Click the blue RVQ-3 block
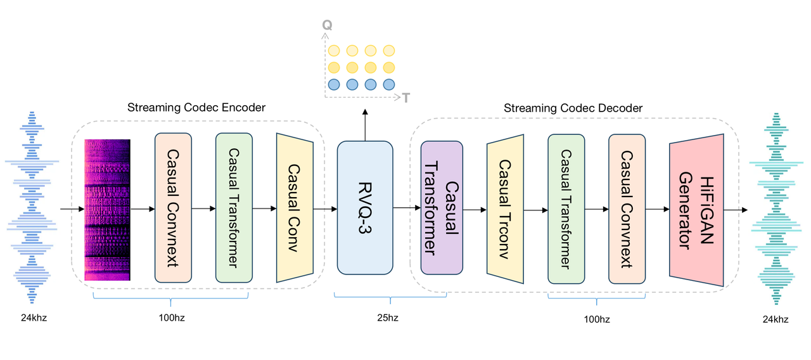point(365,207)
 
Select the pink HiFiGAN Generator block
point(696,210)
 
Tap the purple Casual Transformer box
point(442,207)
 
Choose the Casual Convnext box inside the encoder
point(173,207)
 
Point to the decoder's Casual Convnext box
point(627,208)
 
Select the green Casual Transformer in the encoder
point(234,207)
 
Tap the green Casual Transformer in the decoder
point(566,208)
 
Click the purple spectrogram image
point(108,210)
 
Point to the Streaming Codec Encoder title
point(196,108)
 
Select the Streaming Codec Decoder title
point(573,108)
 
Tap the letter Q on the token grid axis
point(327,25)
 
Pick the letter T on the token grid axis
point(405,98)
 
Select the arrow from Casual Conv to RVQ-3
point(325,208)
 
